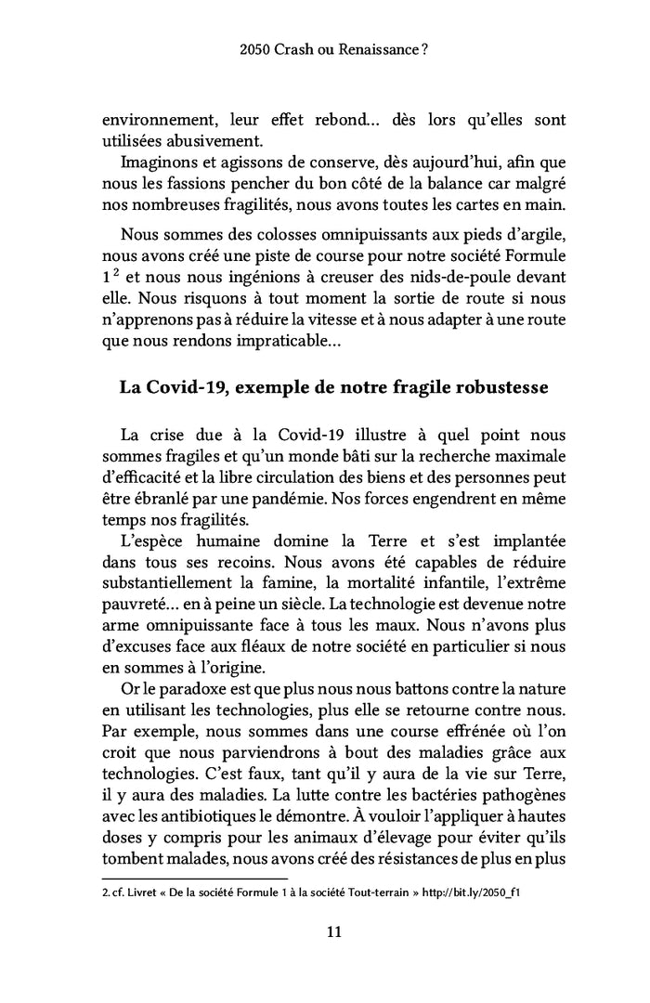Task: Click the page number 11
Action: point(325,932)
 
